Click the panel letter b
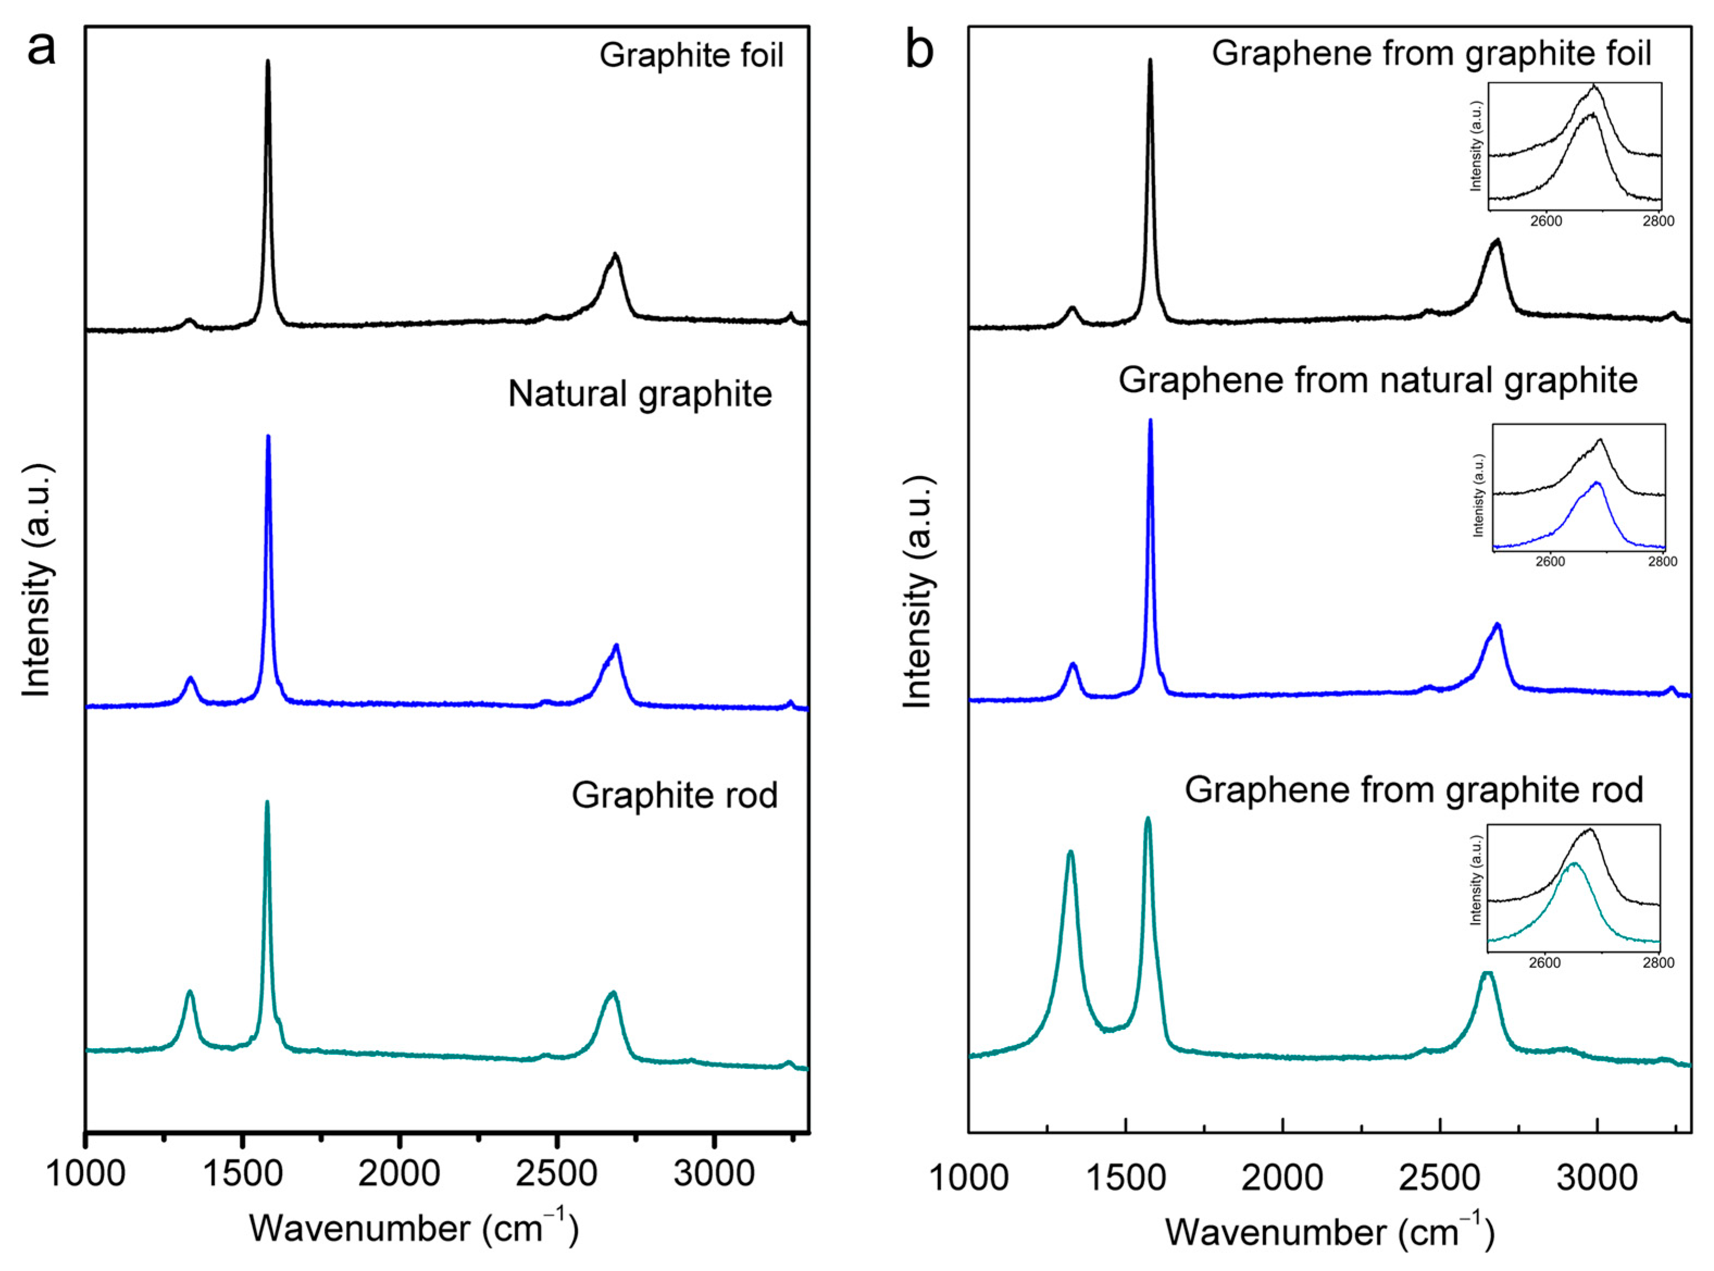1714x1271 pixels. coord(920,51)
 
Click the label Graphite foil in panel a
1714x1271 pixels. coord(691,56)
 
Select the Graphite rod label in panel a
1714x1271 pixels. coord(674,796)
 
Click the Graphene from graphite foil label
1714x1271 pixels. coord(1431,53)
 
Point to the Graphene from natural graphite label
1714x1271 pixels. coord(1378,380)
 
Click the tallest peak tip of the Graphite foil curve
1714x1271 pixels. coord(268,61)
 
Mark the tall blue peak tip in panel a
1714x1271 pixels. coord(268,436)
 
